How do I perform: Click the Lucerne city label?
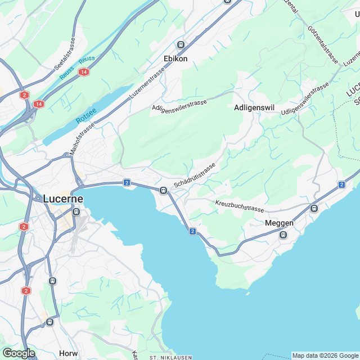point(63,199)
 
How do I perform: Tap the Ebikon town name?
point(175,58)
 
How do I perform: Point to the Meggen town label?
point(279,223)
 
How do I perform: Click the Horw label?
point(68,353)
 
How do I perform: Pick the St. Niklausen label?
point(170,357)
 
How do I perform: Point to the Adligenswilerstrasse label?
point(179,105)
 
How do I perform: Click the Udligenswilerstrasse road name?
point(305,101)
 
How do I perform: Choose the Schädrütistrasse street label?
point(195,176)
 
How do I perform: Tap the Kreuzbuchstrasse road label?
point(239,205)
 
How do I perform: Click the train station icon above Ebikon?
point(181,45)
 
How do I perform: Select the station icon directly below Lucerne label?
point(76,212)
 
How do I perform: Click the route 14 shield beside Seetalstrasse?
point(84,72)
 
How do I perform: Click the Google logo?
point(19,353)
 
